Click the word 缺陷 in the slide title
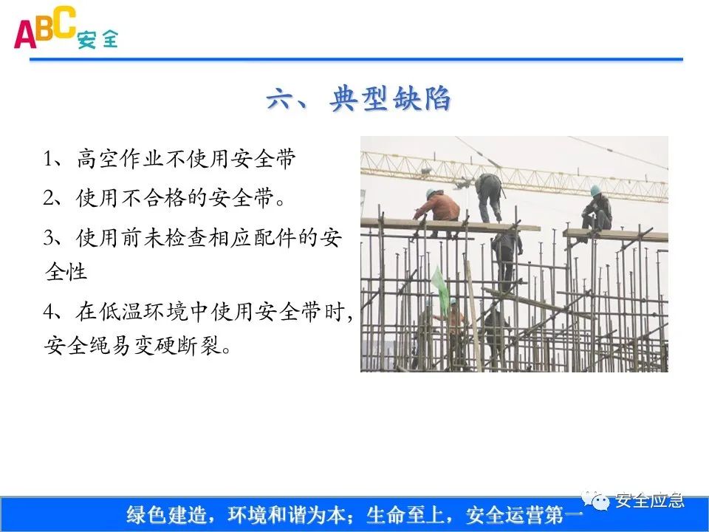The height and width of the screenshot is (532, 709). click(425, 100)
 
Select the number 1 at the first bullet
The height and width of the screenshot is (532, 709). click(49, 160)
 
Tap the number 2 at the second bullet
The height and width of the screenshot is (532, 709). click(49, 198)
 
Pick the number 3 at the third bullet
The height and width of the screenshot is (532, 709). click(49, 237)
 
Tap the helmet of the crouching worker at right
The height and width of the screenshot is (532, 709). click(595, 190)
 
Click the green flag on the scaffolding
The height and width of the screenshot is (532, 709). click(440, 287)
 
